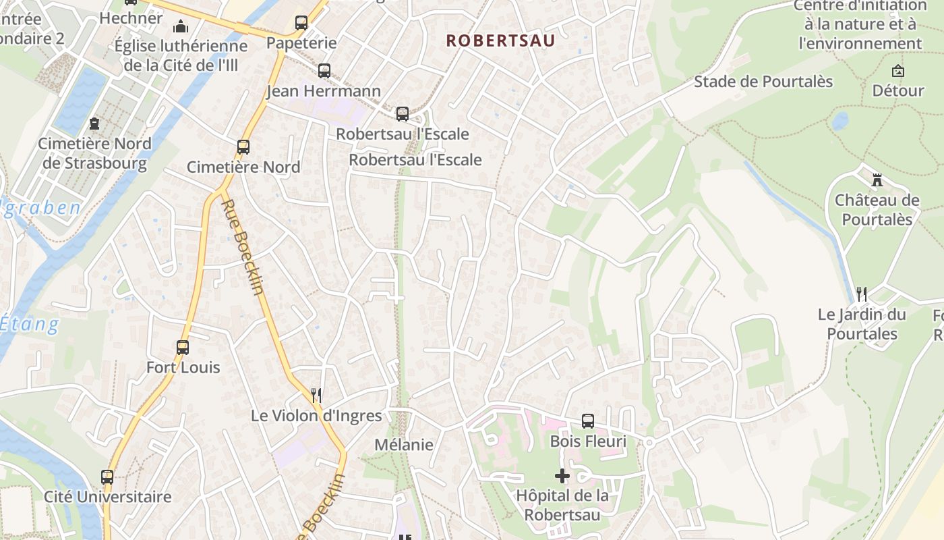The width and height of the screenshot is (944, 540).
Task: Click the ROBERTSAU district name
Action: click(500, 40)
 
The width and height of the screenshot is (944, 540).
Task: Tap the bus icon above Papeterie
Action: click(301, 23)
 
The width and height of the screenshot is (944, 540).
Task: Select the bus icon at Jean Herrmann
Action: click(324, 71)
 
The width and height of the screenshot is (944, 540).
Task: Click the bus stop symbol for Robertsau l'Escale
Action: click(403, 114)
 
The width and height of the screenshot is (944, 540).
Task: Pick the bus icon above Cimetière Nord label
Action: click(243, 147)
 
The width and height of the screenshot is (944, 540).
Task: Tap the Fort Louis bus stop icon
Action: click(183, 348)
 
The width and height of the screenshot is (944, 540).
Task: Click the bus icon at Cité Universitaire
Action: click(107, 477)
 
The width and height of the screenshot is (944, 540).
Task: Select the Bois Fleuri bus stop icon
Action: click(588, 421)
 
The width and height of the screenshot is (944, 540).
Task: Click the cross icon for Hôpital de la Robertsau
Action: click(562, 476)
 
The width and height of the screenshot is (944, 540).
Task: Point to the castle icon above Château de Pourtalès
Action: click(877, 180)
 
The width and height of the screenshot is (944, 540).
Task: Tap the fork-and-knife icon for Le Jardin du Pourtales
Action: click(862, 294)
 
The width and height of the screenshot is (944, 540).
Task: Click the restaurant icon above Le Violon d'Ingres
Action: click(316, 395)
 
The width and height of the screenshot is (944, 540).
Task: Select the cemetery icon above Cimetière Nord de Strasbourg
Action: click(94, 124)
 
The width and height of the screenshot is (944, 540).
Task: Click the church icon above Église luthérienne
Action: click(181, 26)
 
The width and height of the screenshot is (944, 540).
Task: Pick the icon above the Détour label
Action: click(898, 71)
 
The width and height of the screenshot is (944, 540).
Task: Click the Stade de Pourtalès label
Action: click(763, 82)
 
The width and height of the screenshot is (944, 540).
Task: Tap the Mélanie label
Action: click(404, 445)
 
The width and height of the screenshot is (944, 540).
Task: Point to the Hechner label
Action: click(131, 18)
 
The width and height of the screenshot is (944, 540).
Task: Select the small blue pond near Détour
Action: click(839, 121)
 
